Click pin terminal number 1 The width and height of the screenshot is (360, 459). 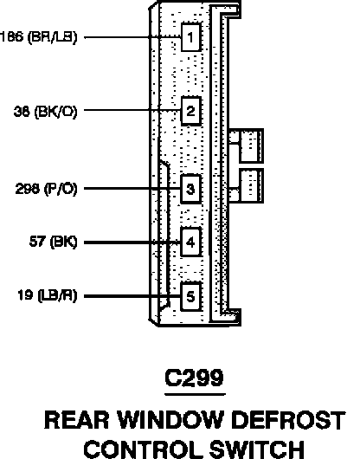[x=191, y=37]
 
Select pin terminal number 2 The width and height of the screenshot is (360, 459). [x=191, y=111]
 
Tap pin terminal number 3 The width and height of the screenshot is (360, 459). [x=191, y=189]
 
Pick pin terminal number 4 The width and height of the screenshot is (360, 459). [x=191, y=242]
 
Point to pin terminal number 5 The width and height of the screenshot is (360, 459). [x=191, y=296]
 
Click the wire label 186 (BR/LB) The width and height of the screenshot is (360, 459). [x=39, y=37]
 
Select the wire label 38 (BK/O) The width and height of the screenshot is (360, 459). [x=46, y=112]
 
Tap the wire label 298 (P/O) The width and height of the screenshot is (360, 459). [x=46, y=189]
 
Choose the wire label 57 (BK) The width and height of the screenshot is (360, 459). [x=54, y=242]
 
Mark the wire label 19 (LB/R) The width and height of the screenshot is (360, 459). [x=48, y=295]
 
